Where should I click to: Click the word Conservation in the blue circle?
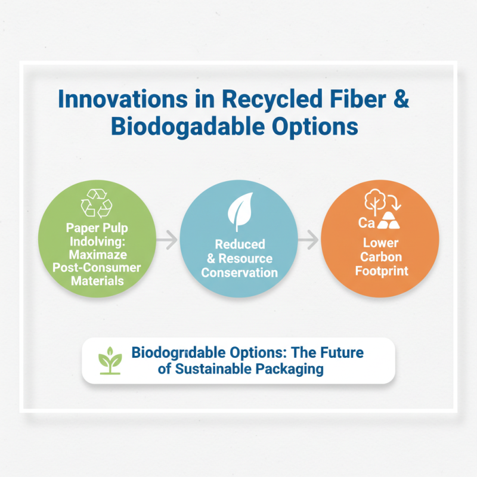tap(239, 272)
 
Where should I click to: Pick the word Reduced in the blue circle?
tap(240, 245)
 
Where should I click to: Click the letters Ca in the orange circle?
tap(366, 223)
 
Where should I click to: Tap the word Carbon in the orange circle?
tap(380, 256)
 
